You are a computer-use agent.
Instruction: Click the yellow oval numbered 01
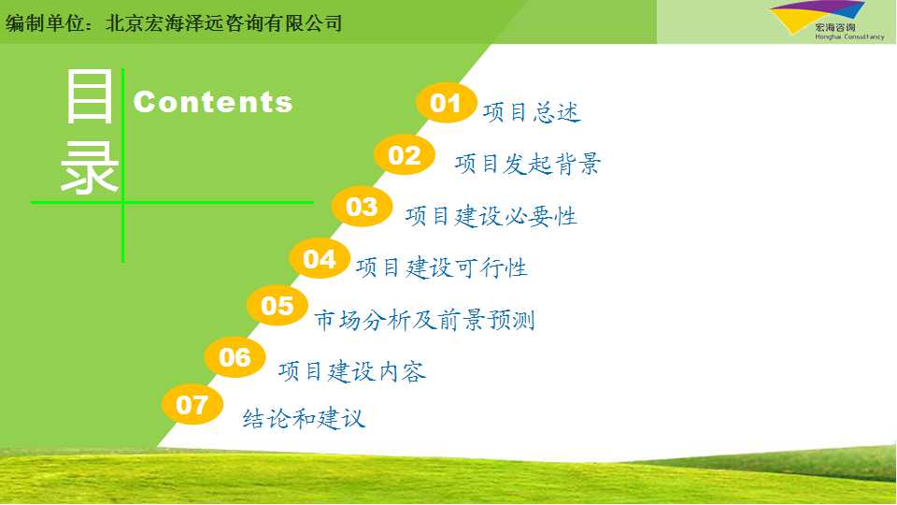click(447, 103)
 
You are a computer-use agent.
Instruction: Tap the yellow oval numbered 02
click(405, 154)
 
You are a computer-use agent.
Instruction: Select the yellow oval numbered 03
click(363, 207)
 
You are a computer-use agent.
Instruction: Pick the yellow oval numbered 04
click(320, 259)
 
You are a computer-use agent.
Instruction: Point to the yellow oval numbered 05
click(278, 305)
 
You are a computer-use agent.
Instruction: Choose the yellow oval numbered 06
click(235, 357)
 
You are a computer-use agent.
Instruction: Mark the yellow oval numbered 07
click(192, 405)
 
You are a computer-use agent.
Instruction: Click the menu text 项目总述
click(532, 112)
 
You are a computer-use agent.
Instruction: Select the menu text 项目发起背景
click(527, 164)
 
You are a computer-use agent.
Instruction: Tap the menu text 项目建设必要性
click(491, 216)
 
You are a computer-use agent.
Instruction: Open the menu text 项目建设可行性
click(442, 267)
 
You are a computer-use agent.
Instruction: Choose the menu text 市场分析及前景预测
click(424, 320)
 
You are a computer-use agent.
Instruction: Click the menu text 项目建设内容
click(352, 371)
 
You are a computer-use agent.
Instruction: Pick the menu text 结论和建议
click(304, 418)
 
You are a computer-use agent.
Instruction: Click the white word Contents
click(213, 102)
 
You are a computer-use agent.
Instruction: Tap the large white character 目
click(90, 95)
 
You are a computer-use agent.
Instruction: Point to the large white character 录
click(90, 168)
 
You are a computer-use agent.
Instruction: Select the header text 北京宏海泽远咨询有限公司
click(224, 22)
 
